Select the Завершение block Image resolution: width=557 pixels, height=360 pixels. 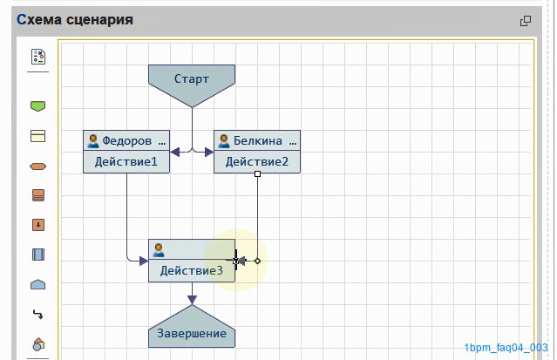192,329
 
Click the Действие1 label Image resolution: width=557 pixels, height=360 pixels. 126,162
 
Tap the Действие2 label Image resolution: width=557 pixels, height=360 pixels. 257,162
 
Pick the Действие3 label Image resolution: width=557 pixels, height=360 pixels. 192,271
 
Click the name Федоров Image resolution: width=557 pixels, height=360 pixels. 126,140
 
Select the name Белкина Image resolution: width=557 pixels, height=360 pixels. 257,140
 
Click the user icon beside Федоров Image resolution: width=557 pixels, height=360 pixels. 93,140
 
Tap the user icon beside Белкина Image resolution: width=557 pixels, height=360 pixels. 224,140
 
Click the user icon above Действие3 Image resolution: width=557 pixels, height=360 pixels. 159,250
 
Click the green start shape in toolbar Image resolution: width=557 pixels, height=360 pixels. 38,106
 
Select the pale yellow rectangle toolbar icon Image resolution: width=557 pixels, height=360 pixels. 38,136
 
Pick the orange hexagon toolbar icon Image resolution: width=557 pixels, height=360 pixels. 38,166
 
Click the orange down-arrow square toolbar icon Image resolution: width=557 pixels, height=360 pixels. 38,225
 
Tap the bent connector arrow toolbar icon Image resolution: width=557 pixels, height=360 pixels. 38,314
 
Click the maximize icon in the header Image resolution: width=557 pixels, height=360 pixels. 526,21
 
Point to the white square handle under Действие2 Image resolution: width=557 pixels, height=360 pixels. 257,173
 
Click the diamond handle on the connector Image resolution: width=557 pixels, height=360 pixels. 257,261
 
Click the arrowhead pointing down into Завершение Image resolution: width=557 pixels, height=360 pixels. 192,300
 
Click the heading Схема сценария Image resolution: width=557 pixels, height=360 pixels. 75,19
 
